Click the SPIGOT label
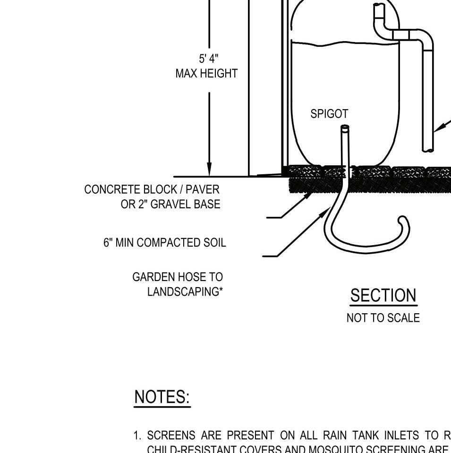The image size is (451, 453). pos(329,114)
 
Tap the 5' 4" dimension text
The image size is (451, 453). pos(208,59)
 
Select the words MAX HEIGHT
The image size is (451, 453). pos(206,74)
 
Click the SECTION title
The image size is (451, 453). pos(383,296)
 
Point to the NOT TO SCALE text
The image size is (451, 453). pos(383,318)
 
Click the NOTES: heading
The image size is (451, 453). pos(162,397)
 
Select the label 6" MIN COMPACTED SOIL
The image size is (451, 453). pos(165,242)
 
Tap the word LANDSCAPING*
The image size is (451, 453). pos(185,291)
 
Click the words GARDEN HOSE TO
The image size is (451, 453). pos(178,277)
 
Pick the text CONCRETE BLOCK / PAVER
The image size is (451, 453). pos(152,189)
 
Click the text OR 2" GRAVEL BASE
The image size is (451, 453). pos(170,204)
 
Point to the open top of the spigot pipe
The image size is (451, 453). pos(345,128)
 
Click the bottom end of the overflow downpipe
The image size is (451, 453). pos(428,150)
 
